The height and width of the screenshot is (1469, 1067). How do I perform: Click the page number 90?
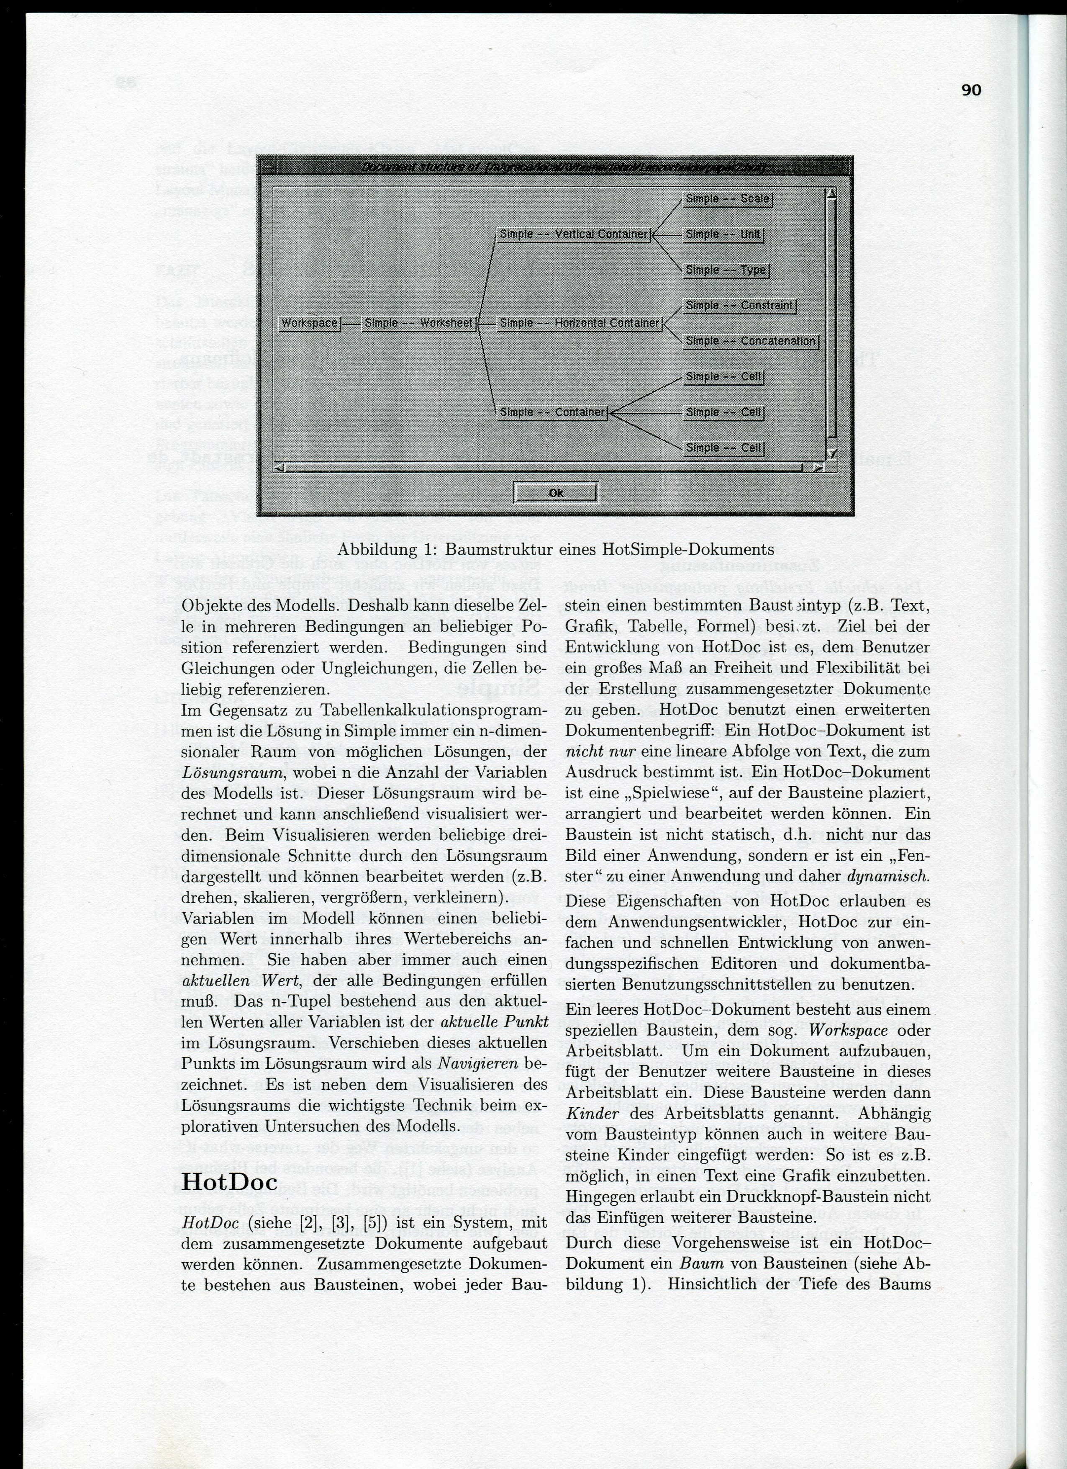(971, 90)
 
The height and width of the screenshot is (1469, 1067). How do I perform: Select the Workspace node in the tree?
(310, 323)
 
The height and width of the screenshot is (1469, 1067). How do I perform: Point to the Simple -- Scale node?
(727, 199)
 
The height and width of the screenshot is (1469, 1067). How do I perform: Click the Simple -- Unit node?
(723, 234)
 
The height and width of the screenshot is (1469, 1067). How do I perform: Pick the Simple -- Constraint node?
(739, 305)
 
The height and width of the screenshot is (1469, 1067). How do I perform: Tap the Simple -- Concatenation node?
(750, 341)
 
